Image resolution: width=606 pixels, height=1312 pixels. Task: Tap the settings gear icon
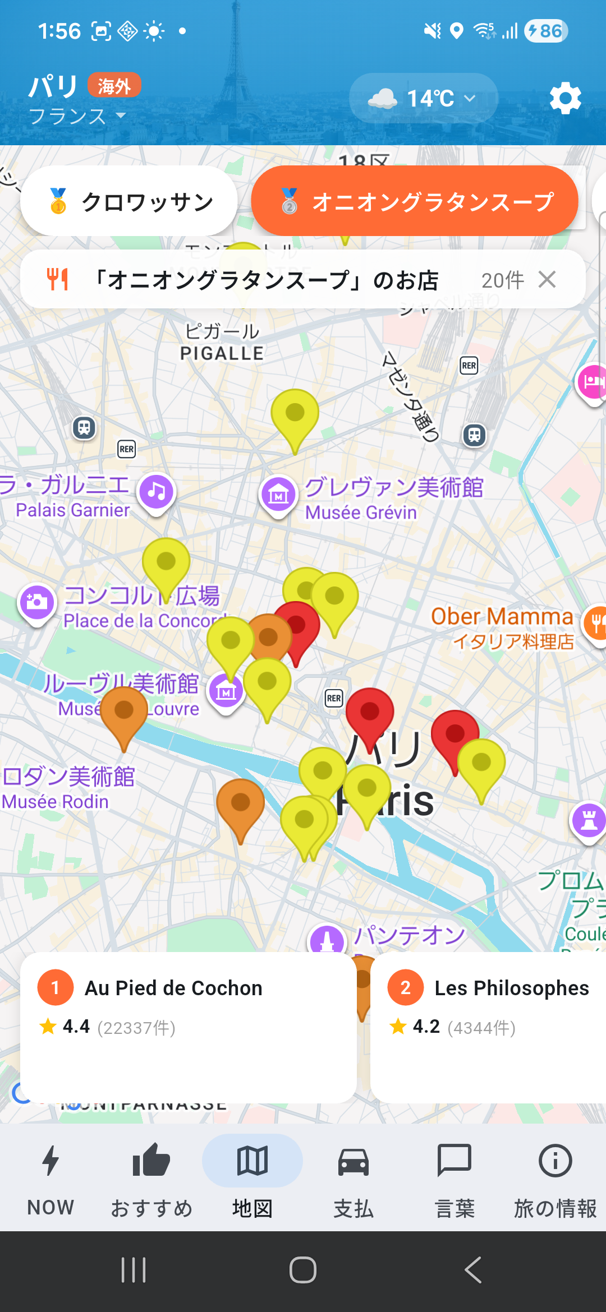(x=565, y=99)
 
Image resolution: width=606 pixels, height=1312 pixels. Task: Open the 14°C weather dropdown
(x=423, y=99)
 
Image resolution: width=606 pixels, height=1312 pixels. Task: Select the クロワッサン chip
(x=129, y=201)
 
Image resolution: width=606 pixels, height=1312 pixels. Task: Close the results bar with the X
(x=547, y=279)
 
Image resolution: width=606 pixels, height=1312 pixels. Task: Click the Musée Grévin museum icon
(x=278, y=495)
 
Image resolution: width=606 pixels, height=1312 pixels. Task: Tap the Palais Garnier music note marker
(x=157, y=492)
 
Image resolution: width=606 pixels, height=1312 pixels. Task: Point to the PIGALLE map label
(x=222, y=353)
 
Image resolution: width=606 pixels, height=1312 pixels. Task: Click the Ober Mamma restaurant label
(x=502, y=617)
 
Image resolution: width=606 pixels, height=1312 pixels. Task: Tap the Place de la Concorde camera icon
(x=37, y=602)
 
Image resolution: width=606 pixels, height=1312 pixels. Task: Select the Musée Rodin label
(x=55, y=801)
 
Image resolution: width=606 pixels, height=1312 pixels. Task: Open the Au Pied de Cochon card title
(x=173, y=988)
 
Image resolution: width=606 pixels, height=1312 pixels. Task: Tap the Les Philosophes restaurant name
(x=511, y=988)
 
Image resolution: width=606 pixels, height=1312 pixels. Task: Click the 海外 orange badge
(x=114, y=86)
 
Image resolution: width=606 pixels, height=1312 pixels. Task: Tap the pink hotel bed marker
(x=593, y=382)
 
